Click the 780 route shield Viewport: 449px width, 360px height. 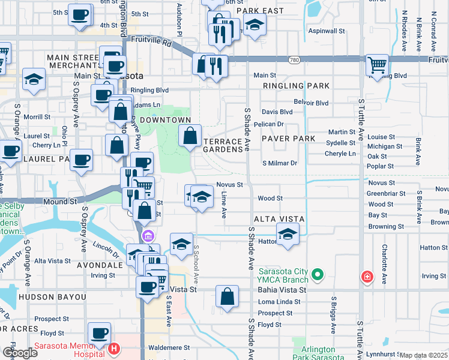pos(294,59)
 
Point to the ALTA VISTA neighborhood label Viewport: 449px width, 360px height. pos(279,219)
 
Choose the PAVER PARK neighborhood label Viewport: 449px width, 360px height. pos(289,139)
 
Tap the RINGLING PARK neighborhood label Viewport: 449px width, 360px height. pos(296,86)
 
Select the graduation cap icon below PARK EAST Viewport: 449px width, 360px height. pos(255,26)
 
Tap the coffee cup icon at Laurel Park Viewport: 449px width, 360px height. pos(81,160)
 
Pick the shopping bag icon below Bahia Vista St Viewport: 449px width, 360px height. pos(228,296)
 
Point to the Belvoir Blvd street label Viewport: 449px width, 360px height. pos(311,103)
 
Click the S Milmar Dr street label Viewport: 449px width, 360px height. pos(280,163)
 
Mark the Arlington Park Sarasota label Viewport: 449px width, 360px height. pos(318,353)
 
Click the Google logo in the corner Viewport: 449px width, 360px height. pos(20,353)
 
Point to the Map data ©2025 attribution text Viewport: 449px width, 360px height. pos(423,355)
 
